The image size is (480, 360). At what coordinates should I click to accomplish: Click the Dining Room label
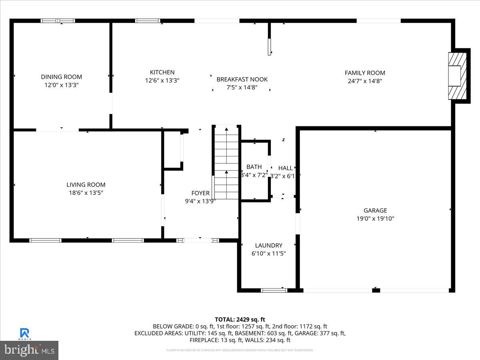(61, 77)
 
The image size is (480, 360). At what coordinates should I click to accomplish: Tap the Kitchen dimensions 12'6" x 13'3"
(162, 80)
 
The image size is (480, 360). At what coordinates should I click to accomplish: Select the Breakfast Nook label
(242, 79)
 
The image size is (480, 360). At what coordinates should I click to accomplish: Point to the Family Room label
(365, 73)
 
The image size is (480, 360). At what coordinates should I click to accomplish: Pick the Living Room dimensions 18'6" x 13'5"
(86, 193)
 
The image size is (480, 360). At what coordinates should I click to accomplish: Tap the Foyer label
(200, 193)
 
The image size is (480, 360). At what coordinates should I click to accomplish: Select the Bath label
(254, 167)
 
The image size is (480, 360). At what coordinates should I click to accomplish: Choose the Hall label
(286, 168)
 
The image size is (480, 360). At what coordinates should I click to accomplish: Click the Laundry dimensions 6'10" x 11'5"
(268, 254)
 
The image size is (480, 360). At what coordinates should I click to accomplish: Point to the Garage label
(375, 210)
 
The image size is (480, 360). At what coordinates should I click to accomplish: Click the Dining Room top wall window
(58, 21)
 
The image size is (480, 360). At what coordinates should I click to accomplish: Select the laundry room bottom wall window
(274, 290)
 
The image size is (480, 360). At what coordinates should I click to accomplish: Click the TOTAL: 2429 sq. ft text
(240, 319)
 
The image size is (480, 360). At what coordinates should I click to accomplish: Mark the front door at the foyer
(198, 240)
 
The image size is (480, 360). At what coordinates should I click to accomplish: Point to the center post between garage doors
(376, 290)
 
